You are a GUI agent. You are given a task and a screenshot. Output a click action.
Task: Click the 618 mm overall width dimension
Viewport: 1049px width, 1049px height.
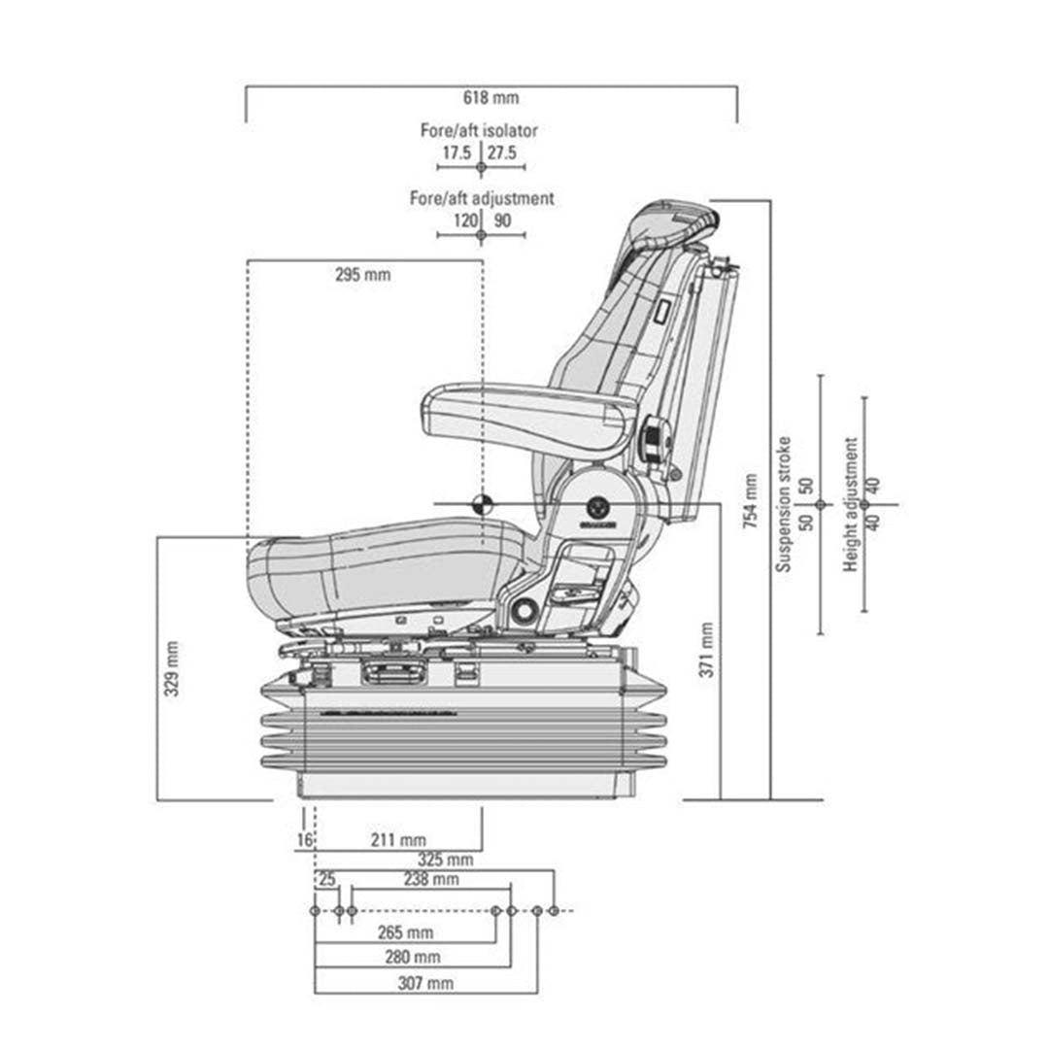pos(491,97)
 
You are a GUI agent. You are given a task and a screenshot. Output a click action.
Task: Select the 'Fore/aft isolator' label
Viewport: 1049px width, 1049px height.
pos(479,130)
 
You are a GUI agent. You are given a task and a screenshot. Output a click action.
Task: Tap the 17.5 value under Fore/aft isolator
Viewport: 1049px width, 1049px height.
pos(457,152)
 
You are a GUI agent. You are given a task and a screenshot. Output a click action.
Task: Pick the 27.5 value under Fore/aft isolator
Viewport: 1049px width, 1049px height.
pos(502,152)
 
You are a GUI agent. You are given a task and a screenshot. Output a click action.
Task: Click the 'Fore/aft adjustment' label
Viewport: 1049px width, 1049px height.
pos(482,198)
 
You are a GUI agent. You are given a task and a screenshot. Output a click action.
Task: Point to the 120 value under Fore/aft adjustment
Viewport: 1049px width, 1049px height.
pos(465,220)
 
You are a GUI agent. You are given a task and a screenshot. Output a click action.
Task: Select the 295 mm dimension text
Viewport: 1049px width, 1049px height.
pos(362,275)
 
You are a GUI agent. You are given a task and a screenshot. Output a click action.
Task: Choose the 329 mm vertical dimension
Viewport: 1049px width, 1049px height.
pos(171,669)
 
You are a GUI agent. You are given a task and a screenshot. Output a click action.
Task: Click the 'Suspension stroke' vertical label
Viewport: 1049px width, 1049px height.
pos(784,504)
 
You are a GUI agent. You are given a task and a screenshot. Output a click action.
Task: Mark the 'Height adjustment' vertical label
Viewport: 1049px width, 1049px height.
pos(851,504)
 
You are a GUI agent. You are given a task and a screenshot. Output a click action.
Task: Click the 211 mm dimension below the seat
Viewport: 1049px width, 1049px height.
pos(399,839)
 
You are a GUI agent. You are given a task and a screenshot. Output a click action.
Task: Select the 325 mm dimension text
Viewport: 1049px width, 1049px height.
pos(445,860)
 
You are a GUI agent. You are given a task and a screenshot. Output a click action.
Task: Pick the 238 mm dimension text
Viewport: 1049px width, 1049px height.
pos(431,880)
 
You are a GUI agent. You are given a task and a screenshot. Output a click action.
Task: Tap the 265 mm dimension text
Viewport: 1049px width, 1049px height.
pos(405,932)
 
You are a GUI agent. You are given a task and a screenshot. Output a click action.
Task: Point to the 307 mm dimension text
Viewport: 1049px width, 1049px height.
pos(425,983)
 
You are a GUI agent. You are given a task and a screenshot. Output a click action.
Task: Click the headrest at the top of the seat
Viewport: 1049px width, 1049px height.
pos(675,223)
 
